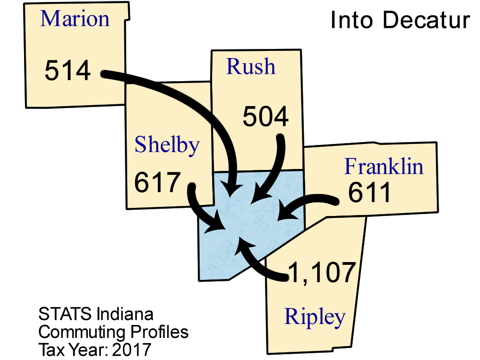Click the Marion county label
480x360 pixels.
(75, 19)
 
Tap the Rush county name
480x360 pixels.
(251, 67)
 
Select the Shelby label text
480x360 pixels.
(167, 145)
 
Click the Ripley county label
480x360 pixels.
(315, 317)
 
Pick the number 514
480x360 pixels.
(68, 71)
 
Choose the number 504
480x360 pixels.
(265, 117)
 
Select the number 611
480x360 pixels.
(370, 193)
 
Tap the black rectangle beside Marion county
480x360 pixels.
(394, 21)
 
